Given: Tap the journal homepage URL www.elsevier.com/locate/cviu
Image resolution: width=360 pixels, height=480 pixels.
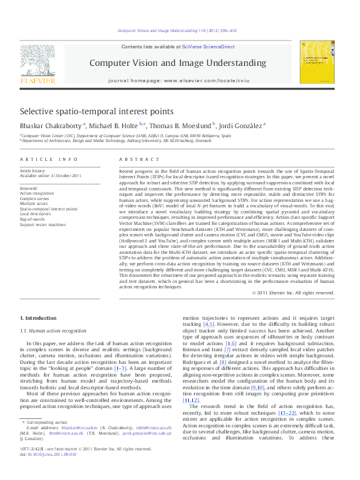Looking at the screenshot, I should [200, 80].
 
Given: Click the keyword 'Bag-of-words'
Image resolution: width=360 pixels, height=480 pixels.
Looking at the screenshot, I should [34, 219].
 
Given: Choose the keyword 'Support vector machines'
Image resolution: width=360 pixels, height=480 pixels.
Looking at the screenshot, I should [45, 224].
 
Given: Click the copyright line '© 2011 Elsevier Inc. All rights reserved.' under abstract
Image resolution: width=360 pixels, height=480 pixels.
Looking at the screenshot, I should [292, 293].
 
